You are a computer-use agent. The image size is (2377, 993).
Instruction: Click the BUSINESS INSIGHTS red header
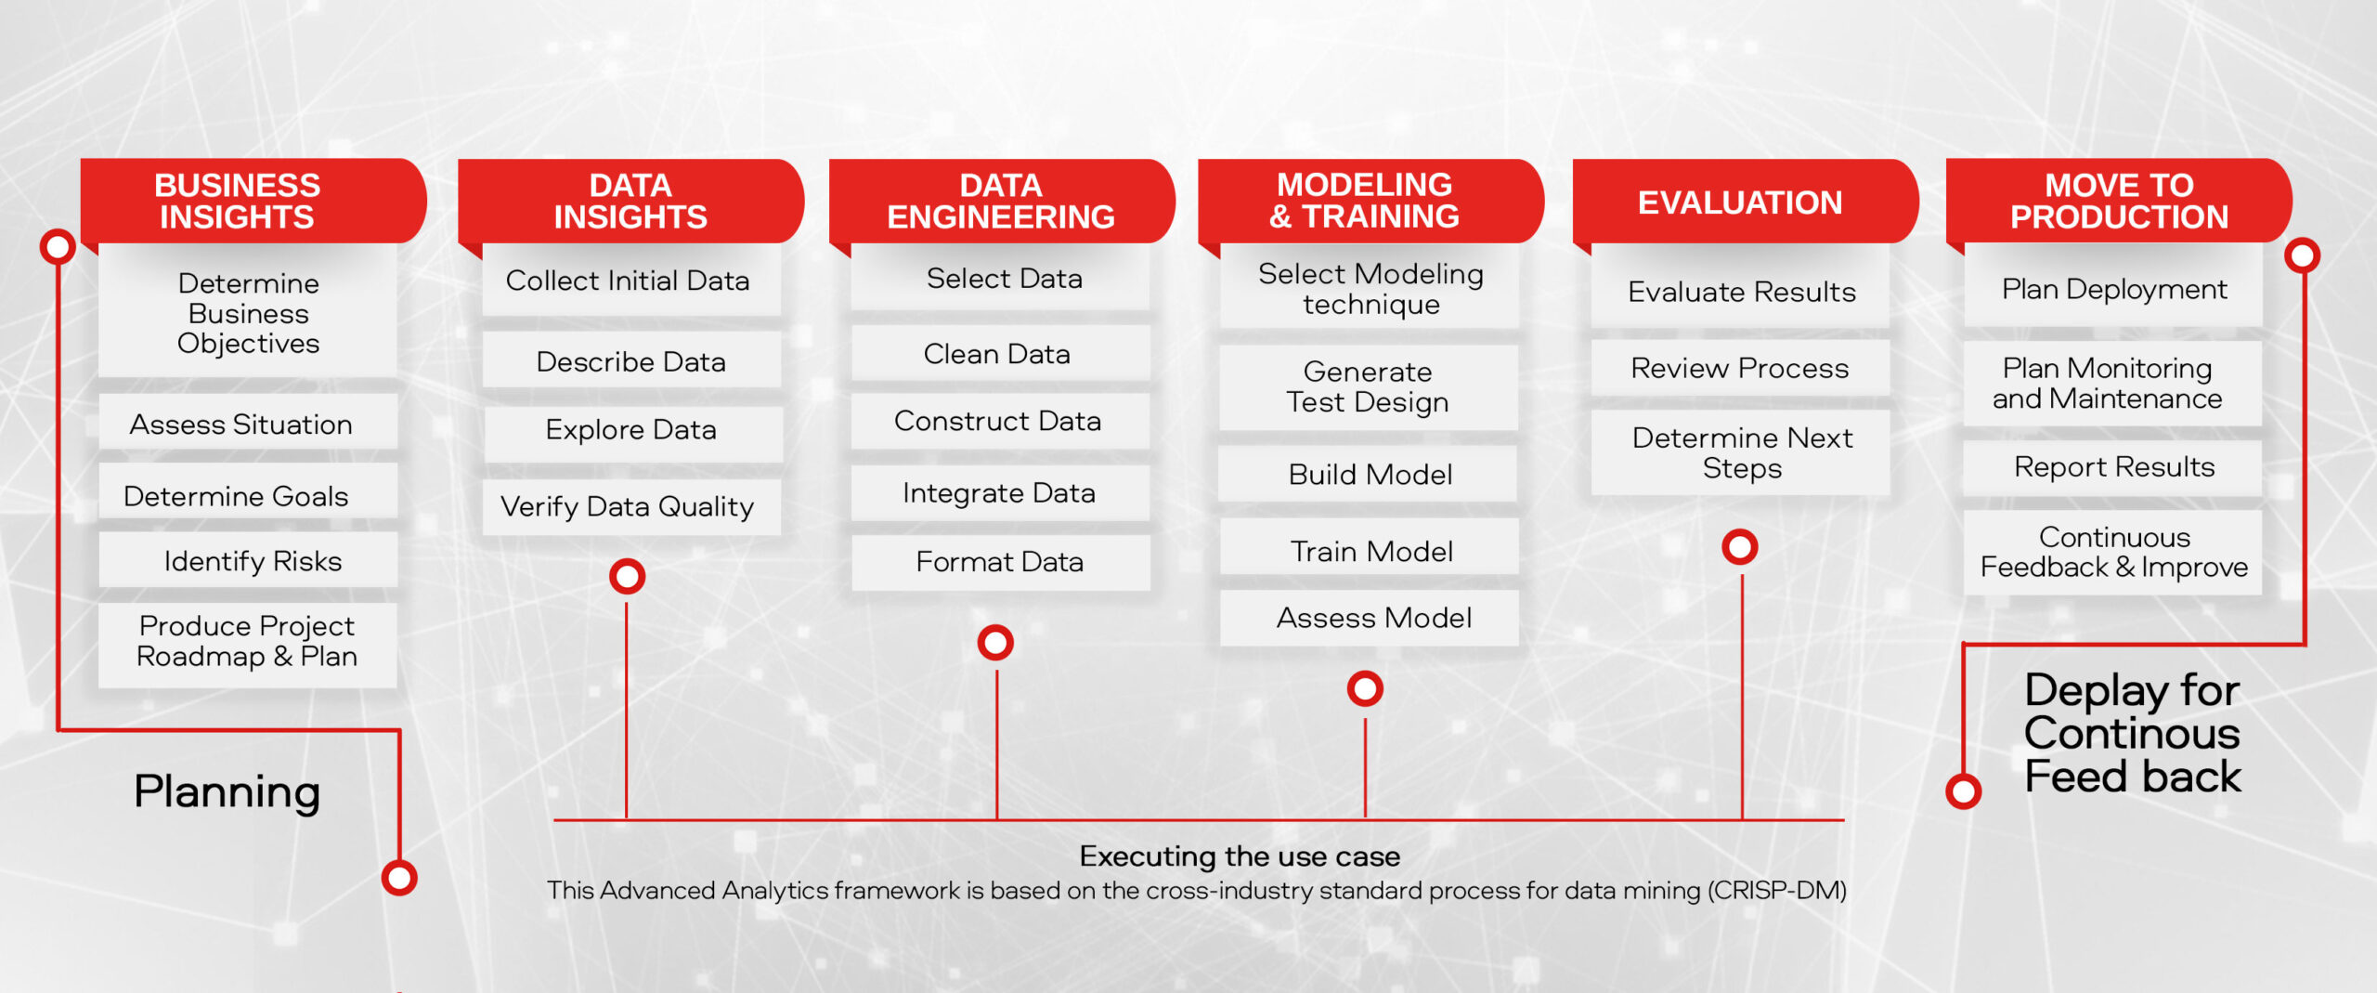[x=253, y=202]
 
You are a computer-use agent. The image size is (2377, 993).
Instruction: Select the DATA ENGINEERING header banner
[x=1002, y=202]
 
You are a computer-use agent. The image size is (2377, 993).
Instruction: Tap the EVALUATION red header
[x=1746, y=202]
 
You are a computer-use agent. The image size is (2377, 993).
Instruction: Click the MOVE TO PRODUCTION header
[x=2119, y=202]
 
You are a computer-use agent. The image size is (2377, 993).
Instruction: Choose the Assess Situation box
[x=248, y=423]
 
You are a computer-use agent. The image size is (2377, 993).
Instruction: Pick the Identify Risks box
[x=248, y=560]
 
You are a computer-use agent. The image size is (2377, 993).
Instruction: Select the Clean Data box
[x=1000, y=353]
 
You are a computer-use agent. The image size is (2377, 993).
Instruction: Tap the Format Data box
[x=1000, y=562]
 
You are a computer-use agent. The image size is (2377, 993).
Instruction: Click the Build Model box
[x=1369, y=474]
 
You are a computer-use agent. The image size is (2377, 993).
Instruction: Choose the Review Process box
[x=1740, y=368]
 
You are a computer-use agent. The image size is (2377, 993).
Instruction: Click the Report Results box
[x=2113, y=467]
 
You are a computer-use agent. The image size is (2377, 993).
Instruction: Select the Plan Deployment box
[x=2113, y=289]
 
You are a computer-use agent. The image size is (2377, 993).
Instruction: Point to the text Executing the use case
[x=1240, y=856]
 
